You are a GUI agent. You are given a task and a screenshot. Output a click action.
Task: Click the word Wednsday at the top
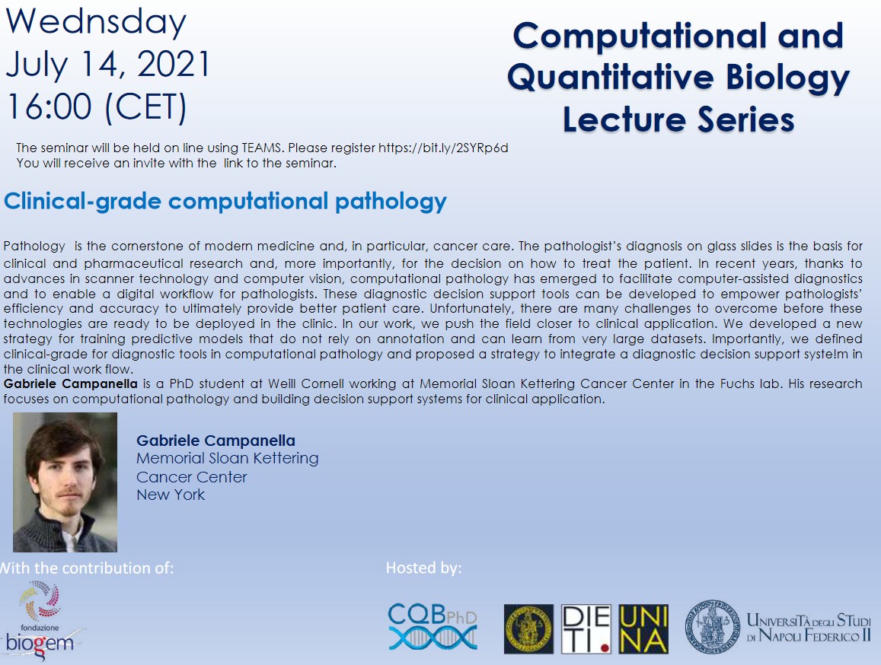pos(95,23)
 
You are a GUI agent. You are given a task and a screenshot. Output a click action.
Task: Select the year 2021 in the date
pos(174,64)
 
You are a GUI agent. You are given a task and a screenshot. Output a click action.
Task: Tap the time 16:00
pos(49,107)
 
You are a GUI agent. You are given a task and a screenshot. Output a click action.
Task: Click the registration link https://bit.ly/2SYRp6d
pos(443,148)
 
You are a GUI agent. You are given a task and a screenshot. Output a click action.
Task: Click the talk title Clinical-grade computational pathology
pos(225,201)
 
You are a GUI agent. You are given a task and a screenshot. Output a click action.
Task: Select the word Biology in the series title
pos(788,78)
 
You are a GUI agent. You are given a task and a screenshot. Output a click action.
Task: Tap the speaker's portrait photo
pos(65,482)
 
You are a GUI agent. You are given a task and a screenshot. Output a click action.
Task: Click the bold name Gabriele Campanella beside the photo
pos(215,441)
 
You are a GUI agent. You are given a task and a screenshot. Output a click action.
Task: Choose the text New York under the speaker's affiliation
pos(171,495)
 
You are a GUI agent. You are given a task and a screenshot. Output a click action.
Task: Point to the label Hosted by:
pos(423,568)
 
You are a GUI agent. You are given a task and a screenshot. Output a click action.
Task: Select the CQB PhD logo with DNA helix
pos(433,626)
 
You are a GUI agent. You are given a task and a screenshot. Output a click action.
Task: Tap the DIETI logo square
pos(586,629)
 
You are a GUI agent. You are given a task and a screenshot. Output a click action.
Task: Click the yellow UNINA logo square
pos(643,629)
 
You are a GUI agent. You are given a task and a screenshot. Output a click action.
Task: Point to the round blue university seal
pos(713,627)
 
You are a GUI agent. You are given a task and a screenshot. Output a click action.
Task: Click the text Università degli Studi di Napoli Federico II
pos(809,628)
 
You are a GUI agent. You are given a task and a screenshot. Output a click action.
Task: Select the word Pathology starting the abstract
pos(34,246)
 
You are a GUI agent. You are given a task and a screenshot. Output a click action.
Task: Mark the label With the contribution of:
pos(87,568)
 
